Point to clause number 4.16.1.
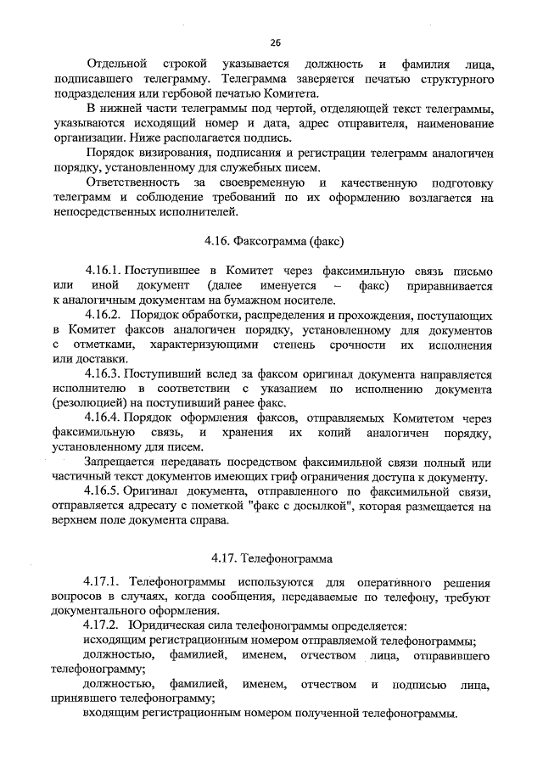[x=104, y=271]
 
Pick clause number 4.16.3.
[x=104, y=374]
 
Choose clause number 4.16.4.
[x=104, y=419]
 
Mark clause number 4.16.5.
[x=104, y=492]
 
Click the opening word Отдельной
[x=115, y=64]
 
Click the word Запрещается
[x=120, y=462]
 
